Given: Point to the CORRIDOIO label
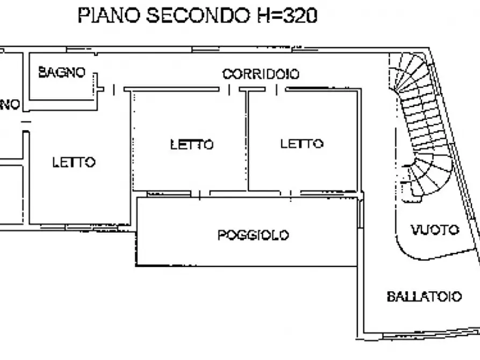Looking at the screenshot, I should point(261,74).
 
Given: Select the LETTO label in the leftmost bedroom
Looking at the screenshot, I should point(74,162).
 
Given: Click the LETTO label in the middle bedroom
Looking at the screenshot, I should point(192,144).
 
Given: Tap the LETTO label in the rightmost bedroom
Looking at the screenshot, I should point(302,143).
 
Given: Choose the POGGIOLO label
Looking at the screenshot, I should point(253,235).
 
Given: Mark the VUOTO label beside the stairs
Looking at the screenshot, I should point(435,230).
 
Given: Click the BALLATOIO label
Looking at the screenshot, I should point(424,297).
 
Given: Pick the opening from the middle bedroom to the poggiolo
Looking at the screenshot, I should point(200,193).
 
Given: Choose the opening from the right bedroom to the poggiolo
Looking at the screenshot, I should point(291,193).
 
